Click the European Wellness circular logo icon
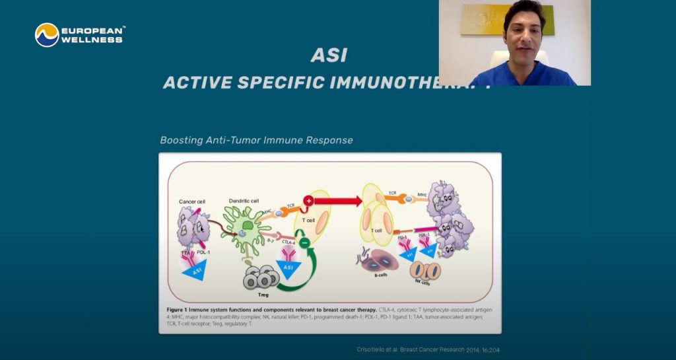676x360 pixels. pyautogui.click(x=47, y=35)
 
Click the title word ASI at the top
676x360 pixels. pyautogui.click(x=329, y=56)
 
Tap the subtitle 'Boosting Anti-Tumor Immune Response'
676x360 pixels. pyautogui.click(x=256, y=140)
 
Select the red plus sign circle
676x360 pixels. pyautogui.click(x=308, y=200)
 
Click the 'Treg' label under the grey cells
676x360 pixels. pyautogui.click(x=263, y=295)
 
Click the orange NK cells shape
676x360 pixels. pyautogui.click(x=425, y=270)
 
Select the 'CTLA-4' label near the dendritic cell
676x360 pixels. pyautogui.click(x=290, y=242)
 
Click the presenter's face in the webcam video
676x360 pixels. pyautogui.click(x=522, y=32)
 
